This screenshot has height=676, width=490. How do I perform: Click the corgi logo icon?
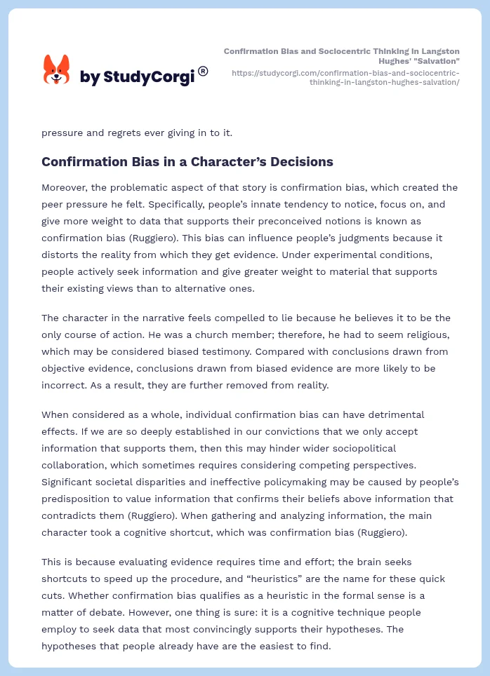pyautogui.click(x=57, y=71)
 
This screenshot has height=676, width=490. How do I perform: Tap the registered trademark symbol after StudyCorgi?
pyautogui.click(x=203, y=71)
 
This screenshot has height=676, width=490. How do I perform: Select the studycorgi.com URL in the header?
pyautogui.click(x=345, y=77)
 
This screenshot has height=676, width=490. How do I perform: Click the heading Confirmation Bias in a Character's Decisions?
pyautogui.click(x=187, y=162)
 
